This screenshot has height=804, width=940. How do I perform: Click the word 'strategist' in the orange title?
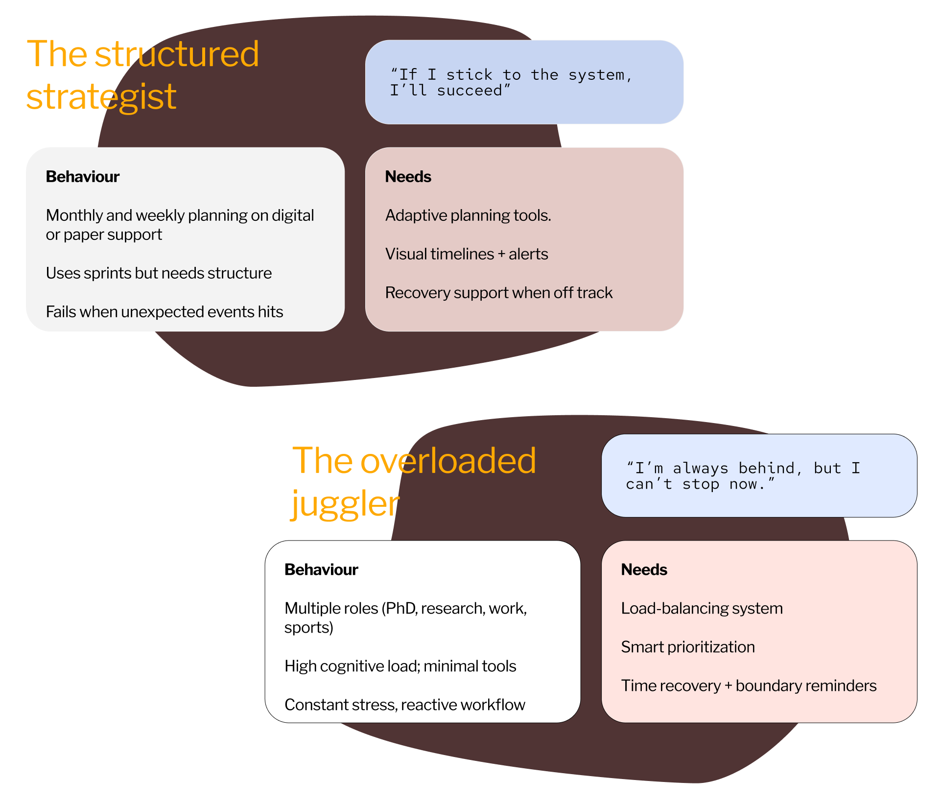[x=101, y=97]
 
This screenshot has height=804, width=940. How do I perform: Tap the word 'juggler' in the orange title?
[x=345, y=504]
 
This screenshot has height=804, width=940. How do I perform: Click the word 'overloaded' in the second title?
[x=448, y=461]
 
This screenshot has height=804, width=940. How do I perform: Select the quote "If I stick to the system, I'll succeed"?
[x=511, y=82]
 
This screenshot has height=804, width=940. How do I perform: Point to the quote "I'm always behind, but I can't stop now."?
[x=743, y=476]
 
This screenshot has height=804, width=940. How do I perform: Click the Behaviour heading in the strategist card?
[x=83, y=177]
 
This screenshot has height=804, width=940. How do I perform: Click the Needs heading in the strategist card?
[x=408, y=177]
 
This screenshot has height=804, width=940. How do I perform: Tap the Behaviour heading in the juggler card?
[x=321, y=570]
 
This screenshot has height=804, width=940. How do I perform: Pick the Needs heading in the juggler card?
[x=644, y=570]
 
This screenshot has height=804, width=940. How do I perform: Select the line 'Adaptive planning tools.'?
[x=468, y=215]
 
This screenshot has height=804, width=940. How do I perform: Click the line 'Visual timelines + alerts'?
[x=467, y=254]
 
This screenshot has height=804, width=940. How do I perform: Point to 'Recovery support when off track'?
[x=498, y=293]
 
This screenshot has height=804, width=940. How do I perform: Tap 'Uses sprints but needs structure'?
[x=159, y=273]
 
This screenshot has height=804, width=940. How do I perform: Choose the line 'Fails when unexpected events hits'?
[x=164, y=312]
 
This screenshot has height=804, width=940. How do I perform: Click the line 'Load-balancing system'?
[x=702, y=609]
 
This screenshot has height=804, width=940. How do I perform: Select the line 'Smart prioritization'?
[x=688, y=647]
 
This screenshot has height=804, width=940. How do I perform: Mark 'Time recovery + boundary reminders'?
[x=749, y=686]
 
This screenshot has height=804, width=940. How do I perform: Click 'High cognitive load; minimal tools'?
[x=400, y=666]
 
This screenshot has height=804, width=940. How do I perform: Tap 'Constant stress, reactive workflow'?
[x=404, y=705]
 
